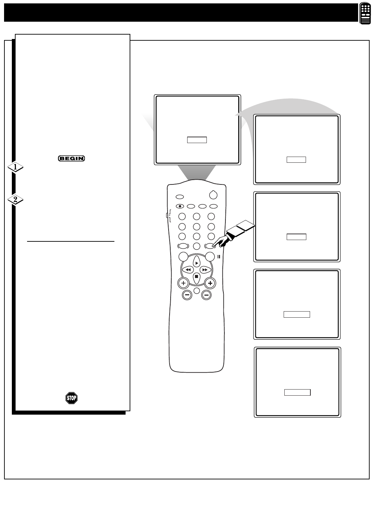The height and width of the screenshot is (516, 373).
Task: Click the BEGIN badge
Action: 71,158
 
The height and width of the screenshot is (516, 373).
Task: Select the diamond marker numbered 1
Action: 16,167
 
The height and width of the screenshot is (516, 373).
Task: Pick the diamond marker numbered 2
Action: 16,199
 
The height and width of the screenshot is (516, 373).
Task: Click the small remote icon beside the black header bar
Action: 365,13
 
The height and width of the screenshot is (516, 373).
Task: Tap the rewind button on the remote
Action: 188,270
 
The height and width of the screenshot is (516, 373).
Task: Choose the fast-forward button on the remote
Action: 205,270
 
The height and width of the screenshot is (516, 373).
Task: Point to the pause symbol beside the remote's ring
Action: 219,257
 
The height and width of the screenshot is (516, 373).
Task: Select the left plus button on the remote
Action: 183,283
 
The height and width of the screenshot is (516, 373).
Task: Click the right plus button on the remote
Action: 210,283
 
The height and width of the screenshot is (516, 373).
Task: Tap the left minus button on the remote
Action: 187,295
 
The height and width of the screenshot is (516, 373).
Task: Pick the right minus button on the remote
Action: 206,295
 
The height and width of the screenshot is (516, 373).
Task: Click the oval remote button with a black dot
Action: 180,206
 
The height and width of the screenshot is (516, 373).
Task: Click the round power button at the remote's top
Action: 213,195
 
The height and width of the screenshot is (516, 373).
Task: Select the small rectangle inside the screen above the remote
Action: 197,140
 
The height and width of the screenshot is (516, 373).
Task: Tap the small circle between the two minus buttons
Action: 197,291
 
